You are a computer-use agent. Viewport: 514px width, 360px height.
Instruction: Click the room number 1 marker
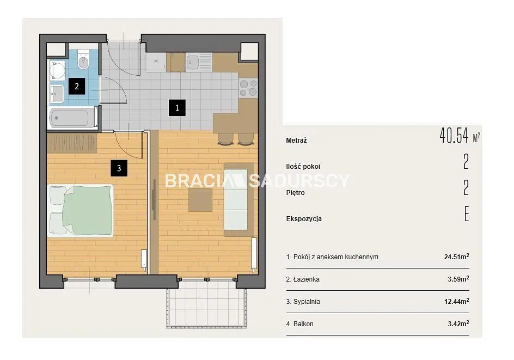pyautogui.click(x=177, y=108)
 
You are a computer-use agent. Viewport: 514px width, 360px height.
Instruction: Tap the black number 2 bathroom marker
pyautogui.click(x=77, y=86)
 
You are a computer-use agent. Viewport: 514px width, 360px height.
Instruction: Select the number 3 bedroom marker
pyautogui.click(x=119, y=168)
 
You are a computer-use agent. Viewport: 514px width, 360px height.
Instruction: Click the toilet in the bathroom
pyautogui.click(x=84, y=59)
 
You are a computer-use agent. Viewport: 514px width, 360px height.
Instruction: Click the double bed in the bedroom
pyautogui.click(x=81, y=210)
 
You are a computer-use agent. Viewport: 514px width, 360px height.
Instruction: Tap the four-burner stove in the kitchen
pyautogui.click(x=248, y=88)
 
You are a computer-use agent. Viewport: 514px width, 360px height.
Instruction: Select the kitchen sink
pyautogui.click(x=192, y=62)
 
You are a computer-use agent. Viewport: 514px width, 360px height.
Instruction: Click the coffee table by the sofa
pyautogui.click(x=200, y=200)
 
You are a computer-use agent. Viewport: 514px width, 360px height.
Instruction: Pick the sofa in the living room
pyautogui.click(x=238, y=200)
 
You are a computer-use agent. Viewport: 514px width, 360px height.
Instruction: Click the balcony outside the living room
pyautogui.click(x=206, y=308)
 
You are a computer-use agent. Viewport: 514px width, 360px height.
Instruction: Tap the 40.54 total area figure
pyautogui.click(x=454, y=136)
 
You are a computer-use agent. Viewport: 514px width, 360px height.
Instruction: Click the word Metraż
pyautogui.click(x=296, y=141)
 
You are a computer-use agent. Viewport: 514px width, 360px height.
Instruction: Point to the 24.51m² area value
pyautogui.click(x=457, y=257)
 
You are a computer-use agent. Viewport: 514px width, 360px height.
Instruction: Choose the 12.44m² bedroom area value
pyautogui.click(x=457, y=301)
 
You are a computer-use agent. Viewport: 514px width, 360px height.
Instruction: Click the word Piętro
pyautogui.click(x=295, y=193)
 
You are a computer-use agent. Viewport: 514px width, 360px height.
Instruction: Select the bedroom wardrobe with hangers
pyautogui.click(x=72, y=143)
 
